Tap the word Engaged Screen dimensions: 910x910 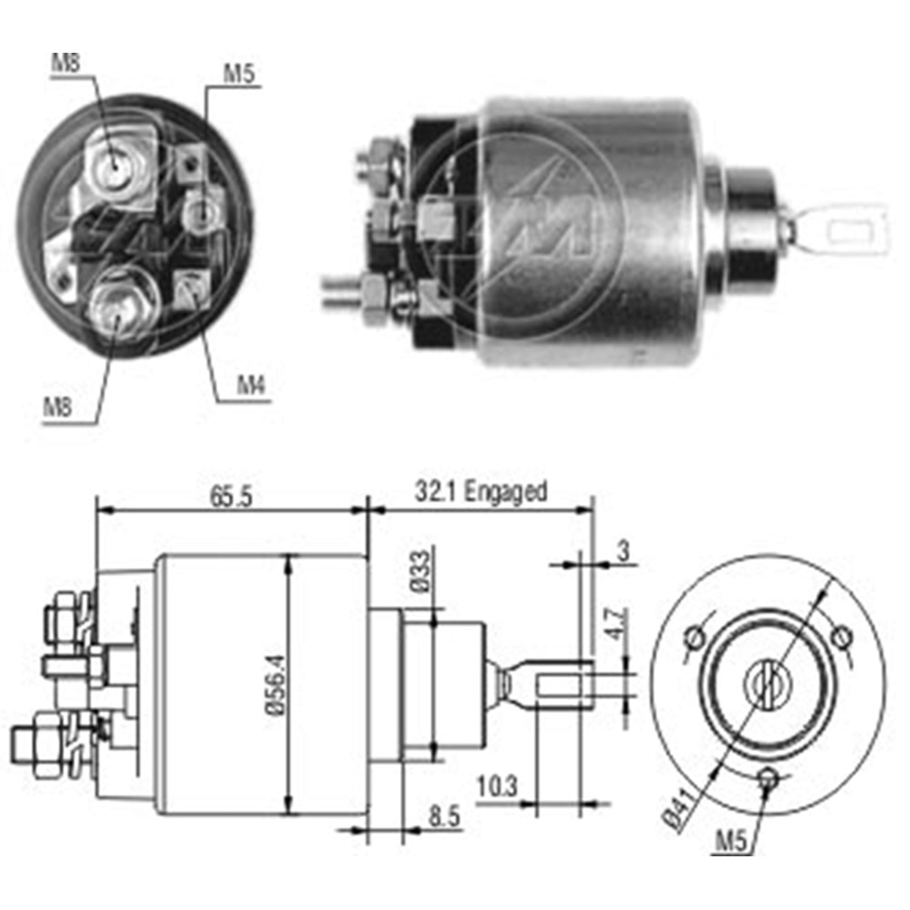pos(506,492)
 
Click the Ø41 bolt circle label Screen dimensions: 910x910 pos(682,808)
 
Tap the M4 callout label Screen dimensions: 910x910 pos(249,385)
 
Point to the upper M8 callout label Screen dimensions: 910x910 pos(66,64)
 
